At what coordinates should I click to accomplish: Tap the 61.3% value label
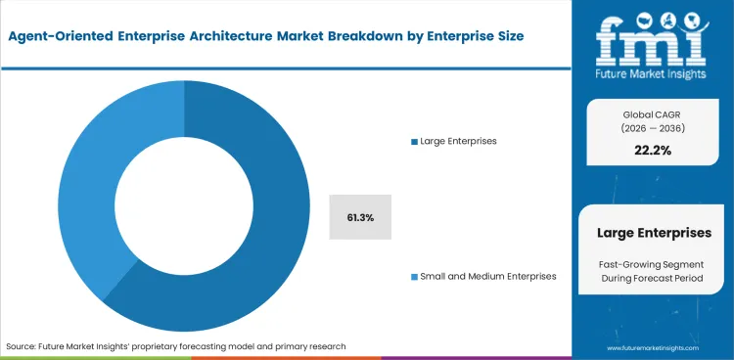[x=360, y=216]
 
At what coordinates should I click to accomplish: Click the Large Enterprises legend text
[x=458, y=142]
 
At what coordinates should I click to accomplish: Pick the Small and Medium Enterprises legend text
[x=487, y=276]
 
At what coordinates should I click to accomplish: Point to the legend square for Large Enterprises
[x=414, y=142]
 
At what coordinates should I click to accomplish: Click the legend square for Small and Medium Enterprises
[x=414, y=276]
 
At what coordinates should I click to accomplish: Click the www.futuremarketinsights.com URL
[x=657, y=347]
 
